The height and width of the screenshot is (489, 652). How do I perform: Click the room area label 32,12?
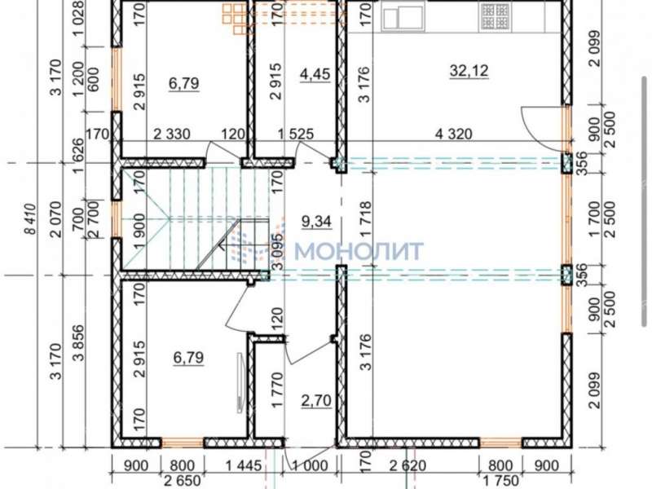(x=469, y=71)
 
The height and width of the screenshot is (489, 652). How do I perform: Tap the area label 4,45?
(x=315, y=74)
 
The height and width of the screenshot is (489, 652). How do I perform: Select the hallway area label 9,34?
(x=316, y=221)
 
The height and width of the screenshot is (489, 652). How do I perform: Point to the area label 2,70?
(x=316, y=401)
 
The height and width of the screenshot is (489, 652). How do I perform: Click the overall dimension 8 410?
(x=32, y=219)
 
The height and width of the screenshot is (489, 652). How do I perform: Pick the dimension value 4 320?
(x=454, y=134)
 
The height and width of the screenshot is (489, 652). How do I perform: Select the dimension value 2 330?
(x=172, y=134)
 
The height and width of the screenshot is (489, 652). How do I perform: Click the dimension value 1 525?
(x=296, y=134)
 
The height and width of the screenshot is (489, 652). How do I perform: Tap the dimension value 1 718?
(x=366, y=219)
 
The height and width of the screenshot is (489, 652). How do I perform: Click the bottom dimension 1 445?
(x=243, y=465)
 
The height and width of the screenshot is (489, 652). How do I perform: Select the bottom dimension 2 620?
(x=408, y=465)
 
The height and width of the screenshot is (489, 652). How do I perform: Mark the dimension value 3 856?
(x=79, y=343)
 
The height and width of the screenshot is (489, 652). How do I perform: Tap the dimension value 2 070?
(x=55, y=219)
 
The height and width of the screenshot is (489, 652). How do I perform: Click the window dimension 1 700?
(x=595, y=219)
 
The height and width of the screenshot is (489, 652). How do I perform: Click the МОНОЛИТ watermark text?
(x=360, y=251)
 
